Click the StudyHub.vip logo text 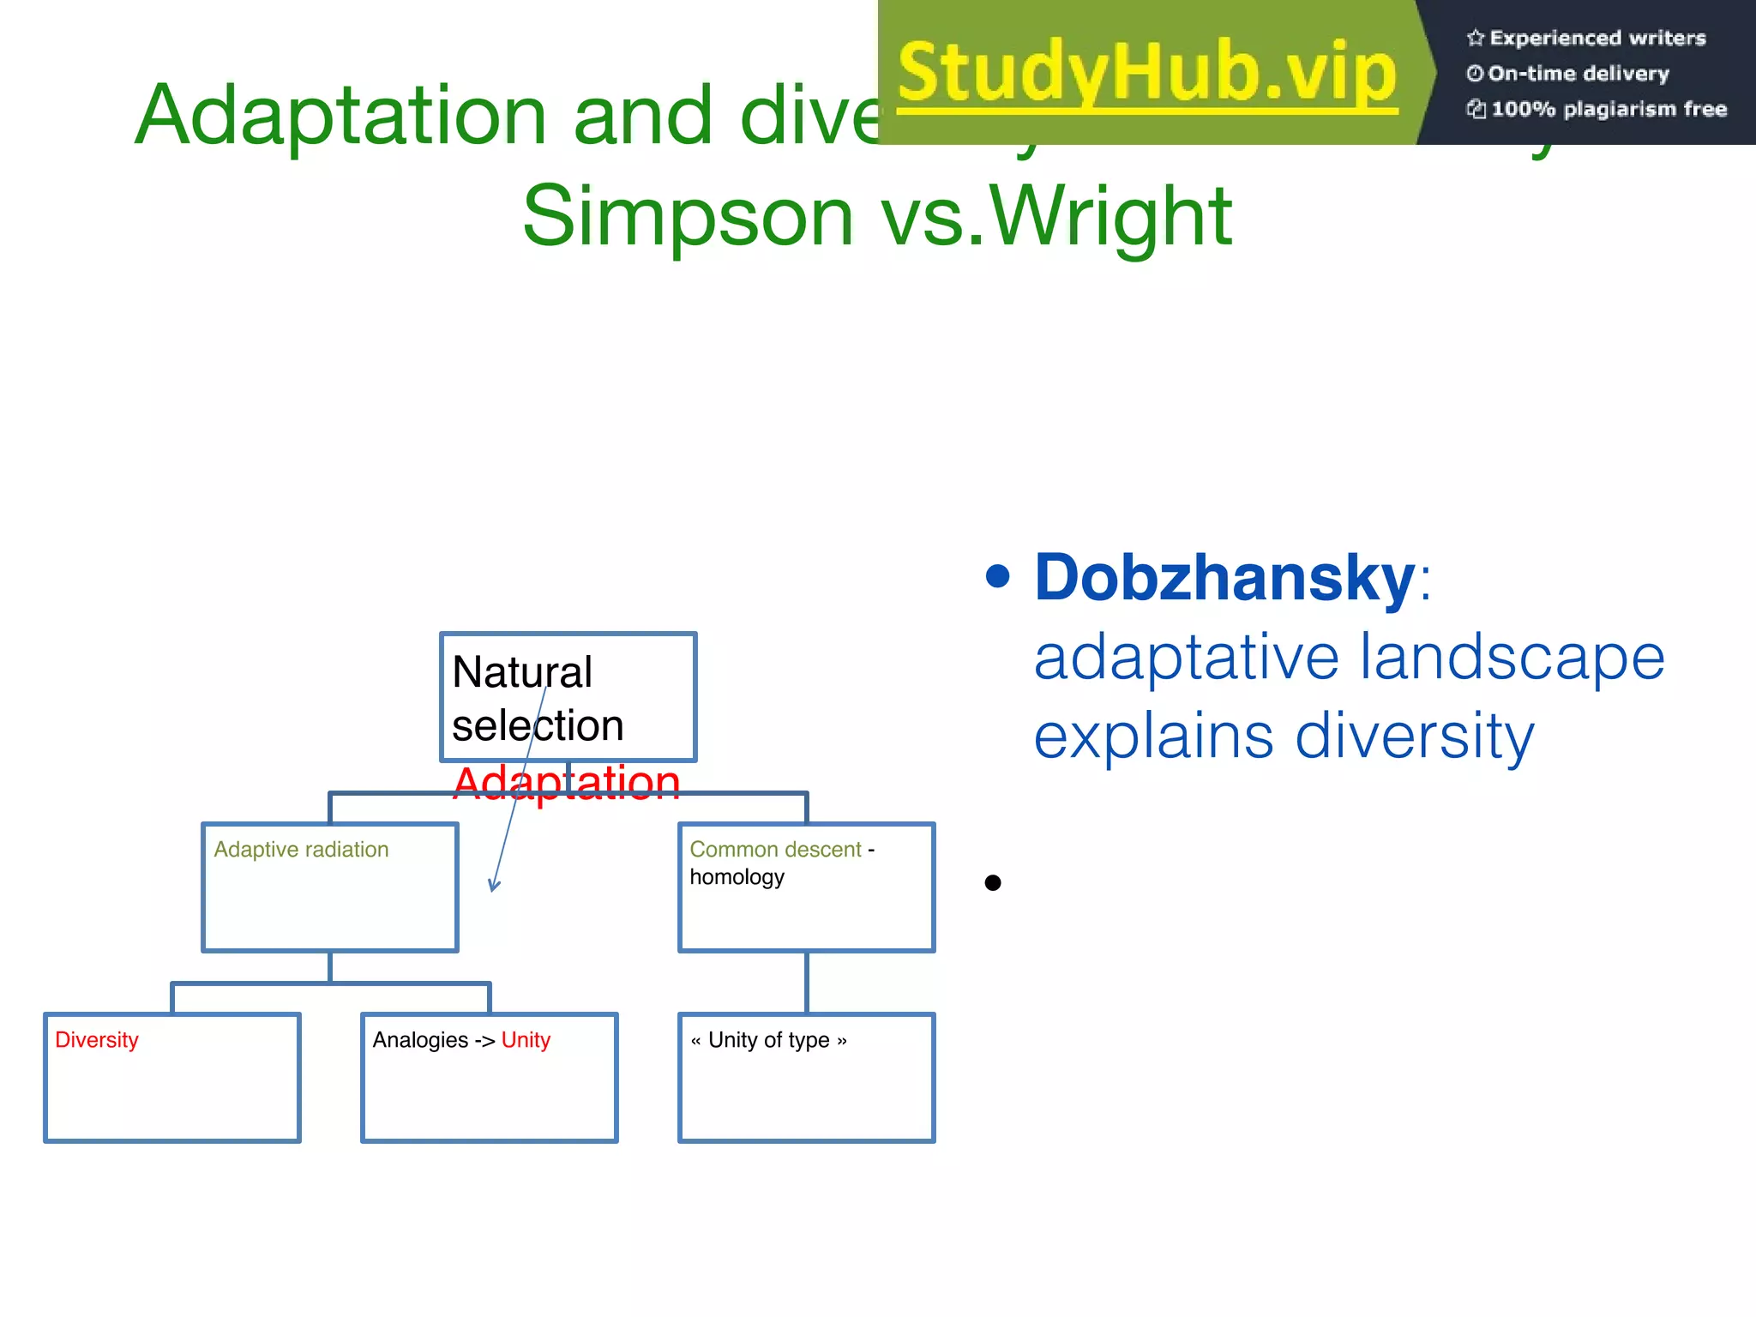(1147, 72)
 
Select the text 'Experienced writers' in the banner (1597, 38)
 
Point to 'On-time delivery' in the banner (1578, 74)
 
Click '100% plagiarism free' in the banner (1609, 109)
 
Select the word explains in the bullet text (1153, 736)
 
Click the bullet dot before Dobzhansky (997, 576)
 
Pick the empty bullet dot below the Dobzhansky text (993, 882)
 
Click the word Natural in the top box (521, 672)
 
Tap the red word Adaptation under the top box (566, 782)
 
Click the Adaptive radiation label (301, 849)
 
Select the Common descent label (775, 849)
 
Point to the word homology (737, 877)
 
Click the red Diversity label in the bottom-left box (97, 1040)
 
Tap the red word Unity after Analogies (526, 1040)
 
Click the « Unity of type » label (768, 1040)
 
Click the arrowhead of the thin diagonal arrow (493, 887)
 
